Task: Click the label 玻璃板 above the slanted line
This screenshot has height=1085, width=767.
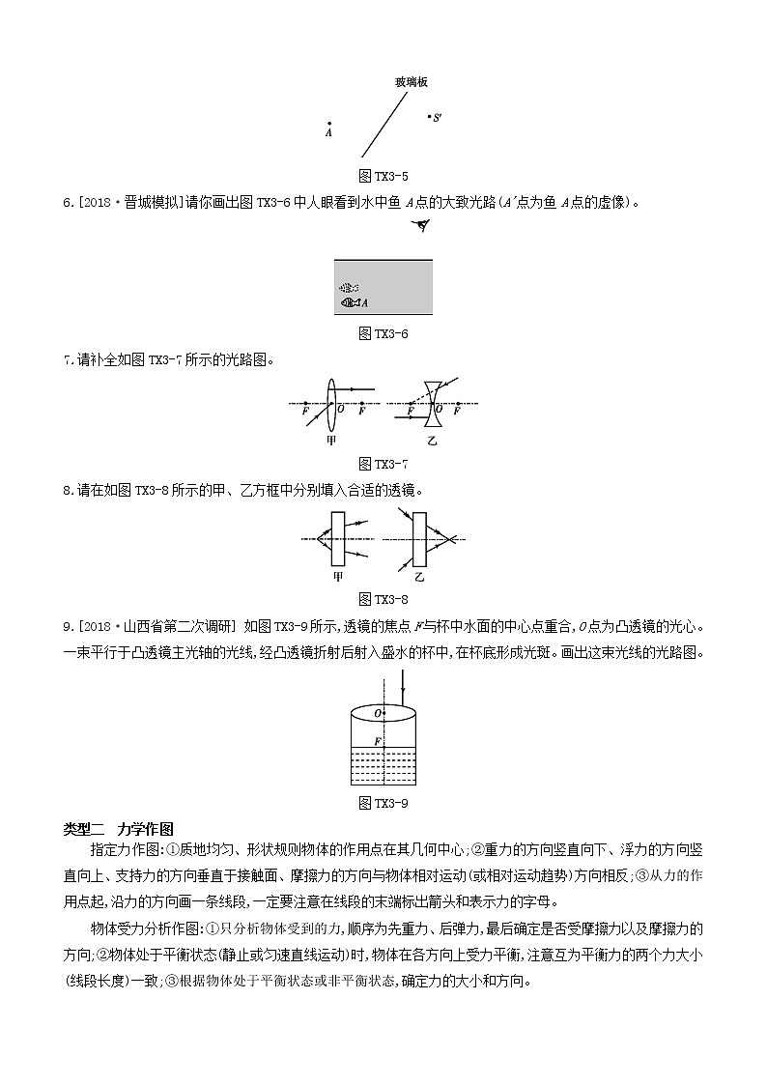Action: (x=412, y=83)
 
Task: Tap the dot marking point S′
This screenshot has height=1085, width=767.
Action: (x=430, y=117)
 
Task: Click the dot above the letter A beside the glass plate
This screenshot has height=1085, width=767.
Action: (x=329, y=124)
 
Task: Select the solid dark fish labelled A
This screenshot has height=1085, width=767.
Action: (x=351, y=303)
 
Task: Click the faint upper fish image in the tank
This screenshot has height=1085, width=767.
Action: (x=349, y=288)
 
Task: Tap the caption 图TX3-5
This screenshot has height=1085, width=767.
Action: (x=383, y=176)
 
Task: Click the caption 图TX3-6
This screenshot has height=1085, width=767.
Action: (x=383, y=333)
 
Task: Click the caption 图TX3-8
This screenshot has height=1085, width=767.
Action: (x=383, y=598)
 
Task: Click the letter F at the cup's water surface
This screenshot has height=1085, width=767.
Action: (x=378, y=740)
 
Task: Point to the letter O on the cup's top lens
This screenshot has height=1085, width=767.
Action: (x=378, y=714)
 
